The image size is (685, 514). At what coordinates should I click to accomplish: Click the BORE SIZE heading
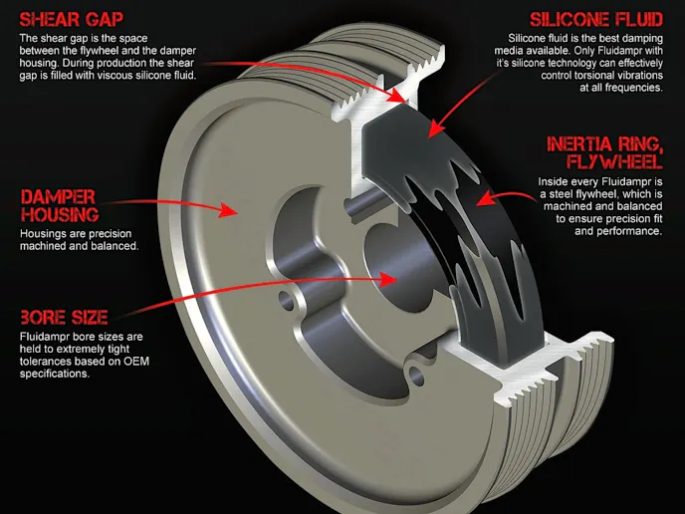[64, 318]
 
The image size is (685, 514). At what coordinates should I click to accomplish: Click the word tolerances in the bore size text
[46, 362]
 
